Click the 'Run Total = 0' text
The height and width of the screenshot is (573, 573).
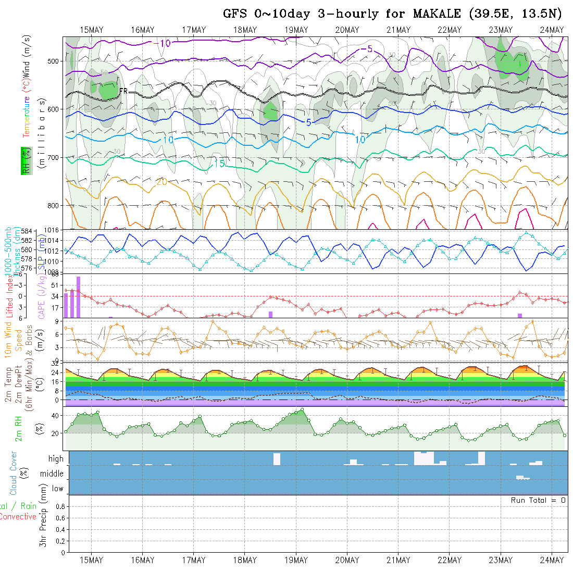click(538, 500)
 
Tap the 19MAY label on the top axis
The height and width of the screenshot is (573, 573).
click(296, 30)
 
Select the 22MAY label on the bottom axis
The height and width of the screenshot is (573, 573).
click(449, 560)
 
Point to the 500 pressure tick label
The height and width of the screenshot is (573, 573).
click(54, 61)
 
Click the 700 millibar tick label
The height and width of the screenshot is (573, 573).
click(54, 157)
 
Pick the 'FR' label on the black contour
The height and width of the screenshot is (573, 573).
click(123, 91)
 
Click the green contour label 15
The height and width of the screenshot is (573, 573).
click(219, 164)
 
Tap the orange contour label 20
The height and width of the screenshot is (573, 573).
click(161, 182)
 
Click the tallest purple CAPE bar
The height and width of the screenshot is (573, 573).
click(78, 296)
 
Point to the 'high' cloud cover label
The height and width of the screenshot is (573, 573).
click(56, 459)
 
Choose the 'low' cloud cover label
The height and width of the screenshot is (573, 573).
click(57, 489)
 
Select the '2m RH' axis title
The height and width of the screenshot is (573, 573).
click(19, 428)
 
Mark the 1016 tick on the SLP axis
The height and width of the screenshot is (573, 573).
click(54, 230)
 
